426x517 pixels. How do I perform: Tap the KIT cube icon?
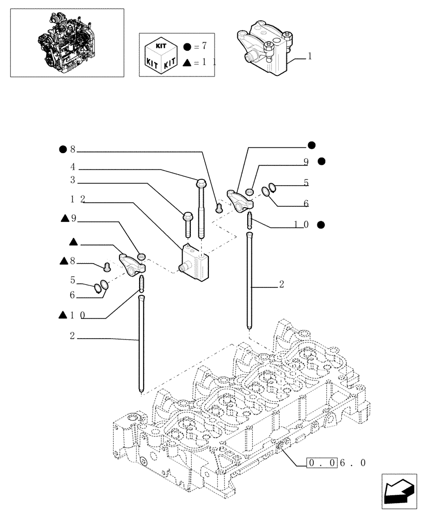(x=160, y=54)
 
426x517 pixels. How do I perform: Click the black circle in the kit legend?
(x=187, y=47)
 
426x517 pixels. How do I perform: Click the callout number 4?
(x=73, y=167)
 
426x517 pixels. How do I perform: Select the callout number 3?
(x=73, y=180)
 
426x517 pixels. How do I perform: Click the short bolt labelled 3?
(x=187, y=225)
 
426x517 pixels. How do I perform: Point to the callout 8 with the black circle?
(x=68, y=150)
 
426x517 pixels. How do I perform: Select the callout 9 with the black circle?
(x=313, y=162)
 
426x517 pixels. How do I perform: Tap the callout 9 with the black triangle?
(x=69, y=219)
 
